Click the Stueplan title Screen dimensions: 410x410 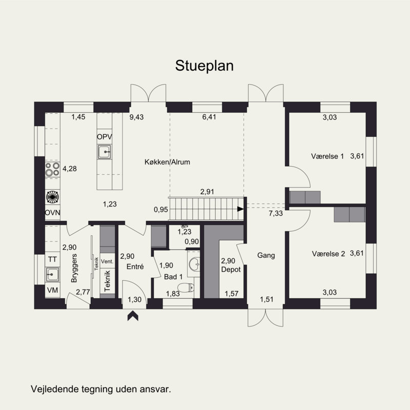(204, 66)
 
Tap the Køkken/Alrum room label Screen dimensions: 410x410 (167, 162)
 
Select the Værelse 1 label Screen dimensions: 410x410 (327, 156)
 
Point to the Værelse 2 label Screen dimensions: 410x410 (327, 254)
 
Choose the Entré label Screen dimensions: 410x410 (135, 266)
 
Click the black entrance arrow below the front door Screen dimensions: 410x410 (133, 317)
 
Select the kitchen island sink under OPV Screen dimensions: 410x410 (105, 151)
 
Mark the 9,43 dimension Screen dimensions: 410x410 (136, 117)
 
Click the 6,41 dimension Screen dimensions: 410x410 (210, 117)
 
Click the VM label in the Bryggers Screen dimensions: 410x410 (52, 290)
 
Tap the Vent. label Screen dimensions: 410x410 (107, 261)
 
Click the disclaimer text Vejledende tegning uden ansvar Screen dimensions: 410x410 (101, 388)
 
